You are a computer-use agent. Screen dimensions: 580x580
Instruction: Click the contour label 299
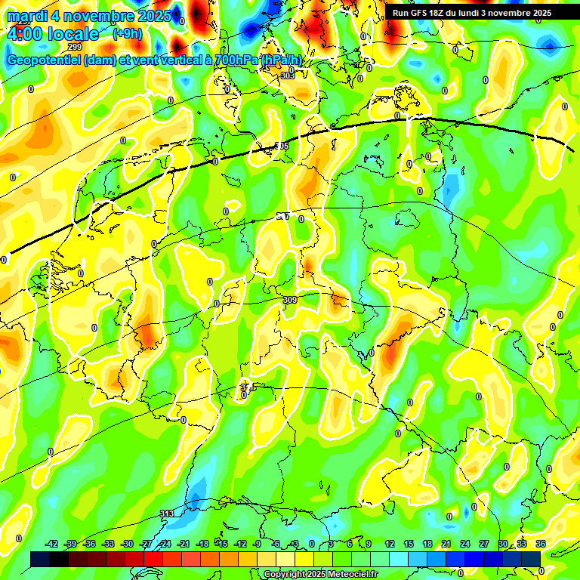[x=75, y=47]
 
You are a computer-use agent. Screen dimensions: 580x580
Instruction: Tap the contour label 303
[x=288, y=76]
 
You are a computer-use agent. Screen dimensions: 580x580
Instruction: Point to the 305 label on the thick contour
[x=282, y=146]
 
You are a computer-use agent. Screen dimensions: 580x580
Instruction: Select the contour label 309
[x=289, y=300]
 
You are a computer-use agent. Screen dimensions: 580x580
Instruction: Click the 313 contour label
[x=167, y=514]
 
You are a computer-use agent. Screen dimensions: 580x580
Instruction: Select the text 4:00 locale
[x=53, y=34]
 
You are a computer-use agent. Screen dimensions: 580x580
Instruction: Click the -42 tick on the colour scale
[x=51, y=544]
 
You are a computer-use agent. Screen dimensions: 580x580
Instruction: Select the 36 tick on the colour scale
[x=541, y=544]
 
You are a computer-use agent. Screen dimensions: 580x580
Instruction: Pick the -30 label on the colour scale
[x=127, y=544]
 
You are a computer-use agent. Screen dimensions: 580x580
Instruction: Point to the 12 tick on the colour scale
[x=390, y=544]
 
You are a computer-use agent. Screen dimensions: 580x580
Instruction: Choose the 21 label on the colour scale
[x=446, y=544]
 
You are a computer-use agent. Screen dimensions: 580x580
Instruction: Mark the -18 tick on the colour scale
[x=202, y=544]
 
